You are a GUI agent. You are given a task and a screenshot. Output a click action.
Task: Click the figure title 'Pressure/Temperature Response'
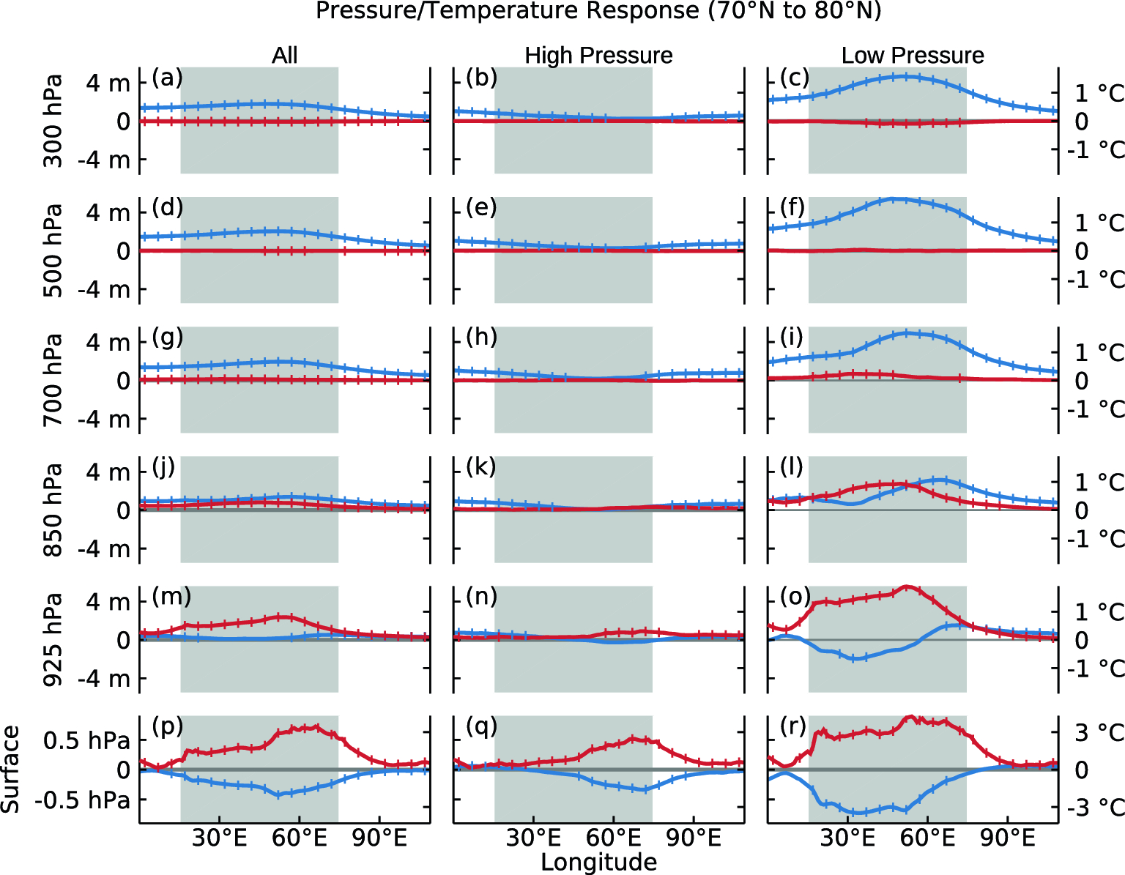tap(598, 12)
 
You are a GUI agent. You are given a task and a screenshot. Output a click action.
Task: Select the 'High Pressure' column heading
tap(598, 56)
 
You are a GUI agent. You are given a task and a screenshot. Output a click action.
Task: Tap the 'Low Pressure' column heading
tap(913, 56)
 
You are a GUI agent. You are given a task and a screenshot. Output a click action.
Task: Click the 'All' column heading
tap(285, 56)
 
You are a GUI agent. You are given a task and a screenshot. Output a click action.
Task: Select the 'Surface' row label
tap(10, 769)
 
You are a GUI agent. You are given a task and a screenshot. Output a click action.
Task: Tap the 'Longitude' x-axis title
tap(598, 862)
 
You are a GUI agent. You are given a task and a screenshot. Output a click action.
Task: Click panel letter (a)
tap(167, 78)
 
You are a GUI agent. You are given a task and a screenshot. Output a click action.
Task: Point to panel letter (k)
tap(481, 467)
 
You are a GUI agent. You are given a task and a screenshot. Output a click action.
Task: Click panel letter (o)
tap(795, 597)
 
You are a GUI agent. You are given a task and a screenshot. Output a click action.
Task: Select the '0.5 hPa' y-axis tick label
tap(86, 741)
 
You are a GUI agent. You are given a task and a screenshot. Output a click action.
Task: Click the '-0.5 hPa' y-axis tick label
tap(81, 800)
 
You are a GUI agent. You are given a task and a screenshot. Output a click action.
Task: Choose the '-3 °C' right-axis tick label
tap(1095, 808)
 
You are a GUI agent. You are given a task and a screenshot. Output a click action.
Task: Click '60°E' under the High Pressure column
tap(614, 838)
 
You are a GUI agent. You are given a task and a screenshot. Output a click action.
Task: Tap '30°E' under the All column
tap(219, 838)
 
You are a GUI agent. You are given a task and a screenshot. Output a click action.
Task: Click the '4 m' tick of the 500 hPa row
tap(108, 213)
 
